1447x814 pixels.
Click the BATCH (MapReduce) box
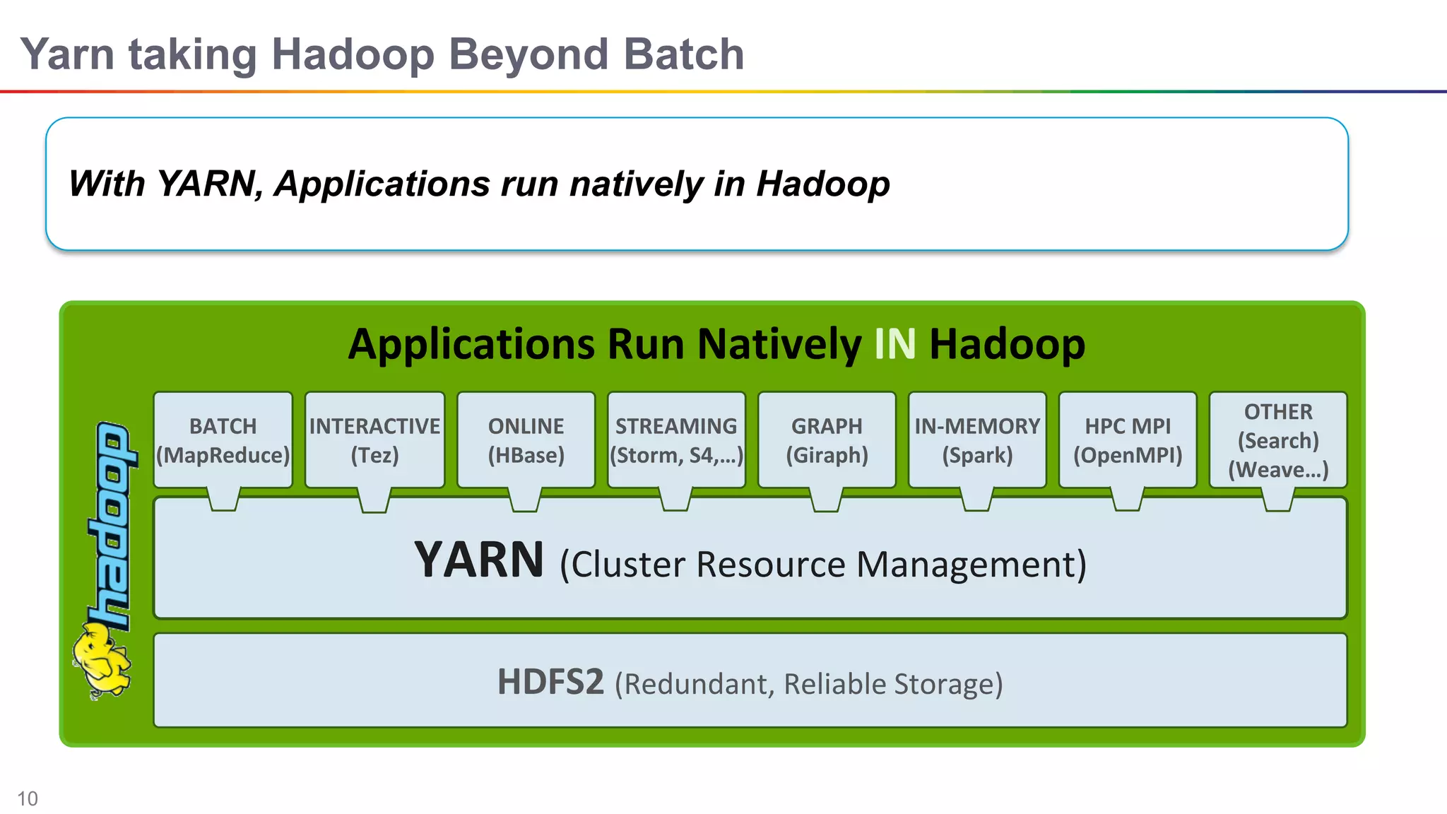pos(223,440)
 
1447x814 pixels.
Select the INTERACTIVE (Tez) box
pos(374,440)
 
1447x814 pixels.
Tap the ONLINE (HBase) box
pos(526,440)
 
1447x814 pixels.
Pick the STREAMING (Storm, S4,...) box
pos(676,440)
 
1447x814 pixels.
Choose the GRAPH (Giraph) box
pos(827,440)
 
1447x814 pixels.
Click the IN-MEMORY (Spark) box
pos(977,440)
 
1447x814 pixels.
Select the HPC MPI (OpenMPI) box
pos(1128,440)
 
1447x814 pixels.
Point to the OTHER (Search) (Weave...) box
pos(1278,440)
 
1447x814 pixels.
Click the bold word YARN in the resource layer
pos(479,560)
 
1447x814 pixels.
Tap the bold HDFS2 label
pos(550,682)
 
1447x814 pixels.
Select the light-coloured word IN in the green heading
pos(894,345)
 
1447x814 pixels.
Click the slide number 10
pos(28,798)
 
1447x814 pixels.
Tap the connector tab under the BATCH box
pos(224,500)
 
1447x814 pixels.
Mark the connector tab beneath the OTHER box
pos(1278,500)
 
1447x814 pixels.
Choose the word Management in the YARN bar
pos(971,565)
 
